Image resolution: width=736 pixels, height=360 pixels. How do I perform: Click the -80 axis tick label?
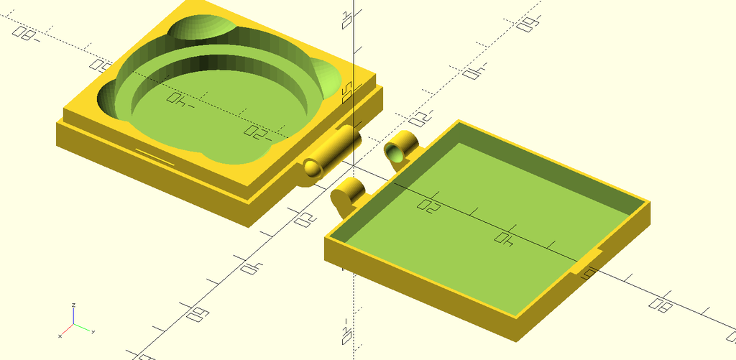pyautogui.click(x=27, y=32)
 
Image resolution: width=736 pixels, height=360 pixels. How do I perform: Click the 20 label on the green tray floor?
pyautogui.click(x=429, y=206)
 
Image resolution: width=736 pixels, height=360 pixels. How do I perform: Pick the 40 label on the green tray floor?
pyautogui.click(x=504, y=239)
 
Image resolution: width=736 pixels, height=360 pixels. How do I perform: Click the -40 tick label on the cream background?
pyautogui.click(x=474, y=72)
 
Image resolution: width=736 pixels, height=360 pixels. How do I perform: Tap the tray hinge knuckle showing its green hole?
pyautogui.click(x=400, y=149)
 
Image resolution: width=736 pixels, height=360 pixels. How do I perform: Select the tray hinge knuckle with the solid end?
pyautogui.click(x=347, y=195)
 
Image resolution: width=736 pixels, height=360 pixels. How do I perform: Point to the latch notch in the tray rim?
pyautogui.click(x=589, y=262)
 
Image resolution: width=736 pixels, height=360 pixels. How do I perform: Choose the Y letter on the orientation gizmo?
pyautogui.click(x=94, y=331)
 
